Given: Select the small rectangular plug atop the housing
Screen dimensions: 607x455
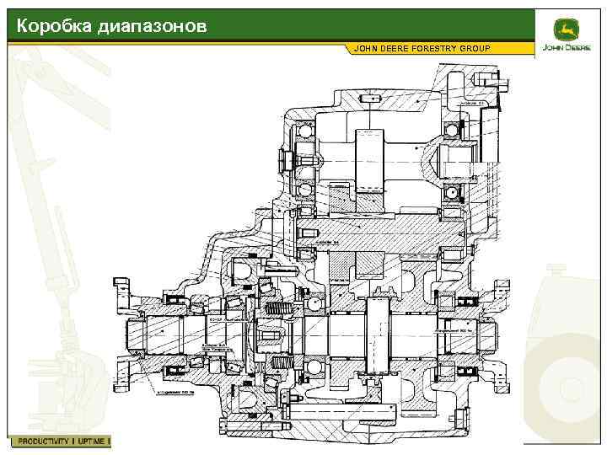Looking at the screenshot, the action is point(370,99).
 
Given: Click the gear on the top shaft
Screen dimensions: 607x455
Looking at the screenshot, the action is point(371,160).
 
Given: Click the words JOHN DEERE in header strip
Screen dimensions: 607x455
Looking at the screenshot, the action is point(380,48).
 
